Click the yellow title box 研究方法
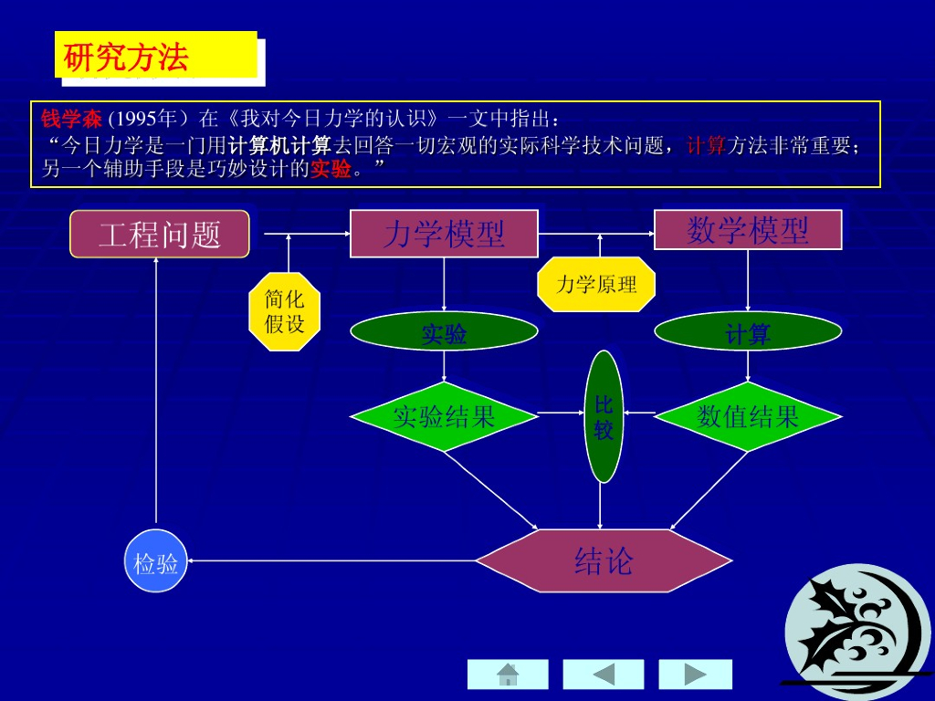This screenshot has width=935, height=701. point(155,56)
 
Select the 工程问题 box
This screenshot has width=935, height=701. point(160,234)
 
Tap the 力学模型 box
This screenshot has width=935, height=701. point(444,234)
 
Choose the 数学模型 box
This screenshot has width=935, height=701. point(748,230)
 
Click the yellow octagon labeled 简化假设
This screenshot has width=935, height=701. point(284,311)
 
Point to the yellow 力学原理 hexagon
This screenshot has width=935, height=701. point(596,284)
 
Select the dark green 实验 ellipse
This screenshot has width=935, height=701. point(444,334)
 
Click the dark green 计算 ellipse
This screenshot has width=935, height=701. point(748,334)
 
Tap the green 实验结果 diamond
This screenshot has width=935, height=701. point(444,417)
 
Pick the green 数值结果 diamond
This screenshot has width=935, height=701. point(748,417)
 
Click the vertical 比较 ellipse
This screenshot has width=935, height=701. point(603,416)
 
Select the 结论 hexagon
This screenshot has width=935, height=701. point(604,560)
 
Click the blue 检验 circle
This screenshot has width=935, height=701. point(156,561)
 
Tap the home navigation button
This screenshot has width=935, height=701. point(508,675)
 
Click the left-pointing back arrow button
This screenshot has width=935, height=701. point(603,675)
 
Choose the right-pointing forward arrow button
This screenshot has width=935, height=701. point(696,675)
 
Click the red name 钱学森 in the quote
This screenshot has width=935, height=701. point(71,119)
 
